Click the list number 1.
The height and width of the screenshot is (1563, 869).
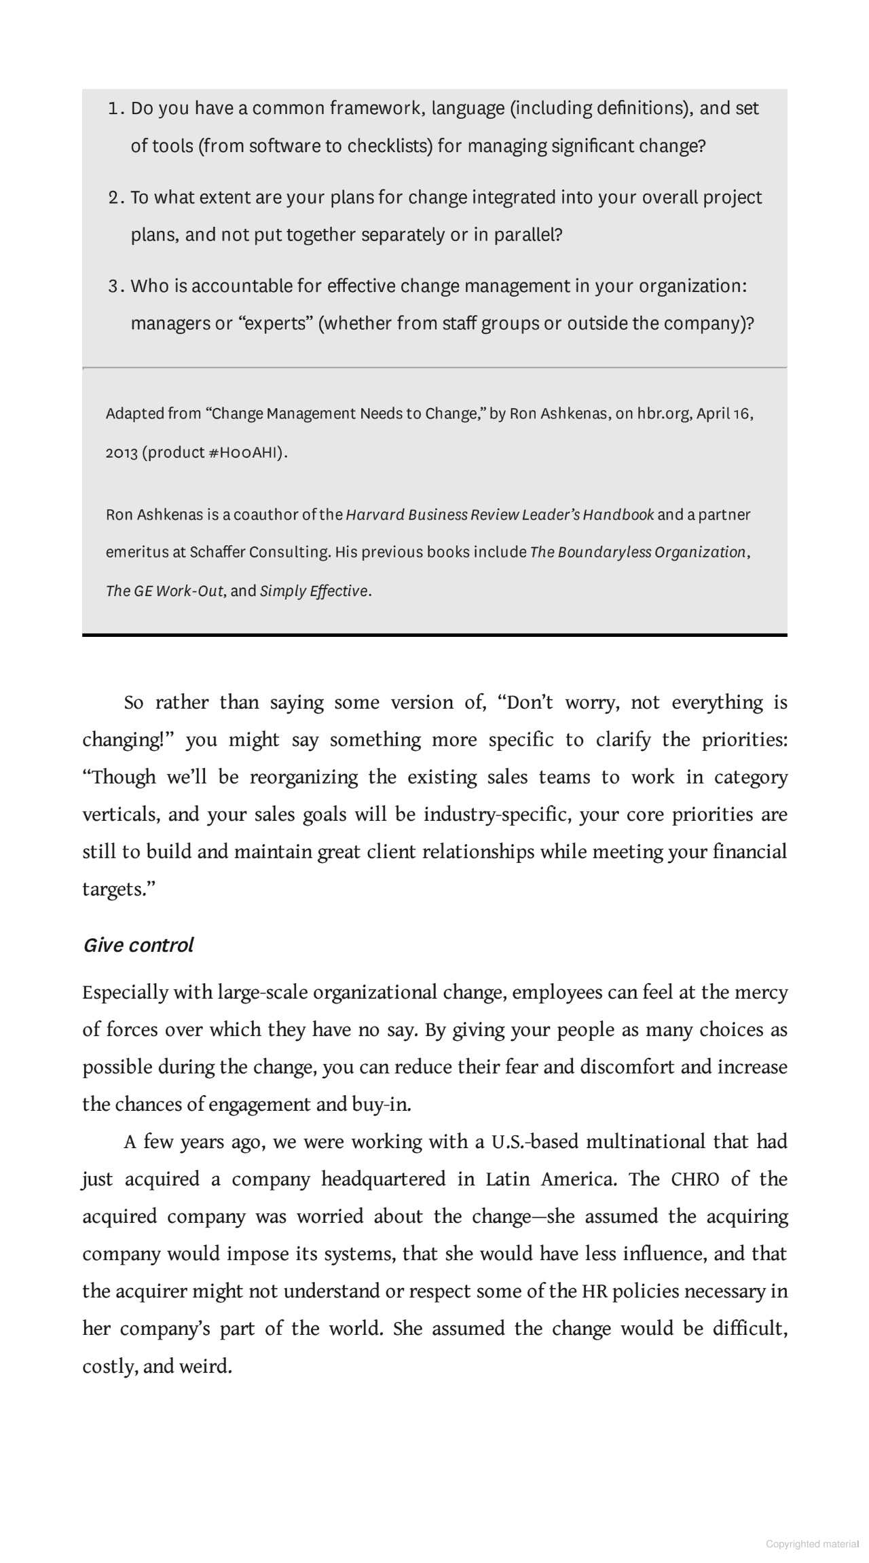pyautogui.click(x=115, y=109)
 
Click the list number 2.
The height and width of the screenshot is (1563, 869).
pyautogui.click(x=115, y=198)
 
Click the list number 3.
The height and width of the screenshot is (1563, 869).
pyautogui.click(x=115, y=286)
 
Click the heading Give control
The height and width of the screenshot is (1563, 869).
pyautogui.click(x=138, y=945)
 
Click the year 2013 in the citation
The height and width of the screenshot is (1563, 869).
pyautogui.click(x=122, y=453)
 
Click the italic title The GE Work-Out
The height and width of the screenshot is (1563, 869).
pyautogui.click(x=164, y=591)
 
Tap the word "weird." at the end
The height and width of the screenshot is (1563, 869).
pyautogui.click(x=205, y=1366)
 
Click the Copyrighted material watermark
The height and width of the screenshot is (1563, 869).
pyautogui.click(x=812, y=1544)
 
